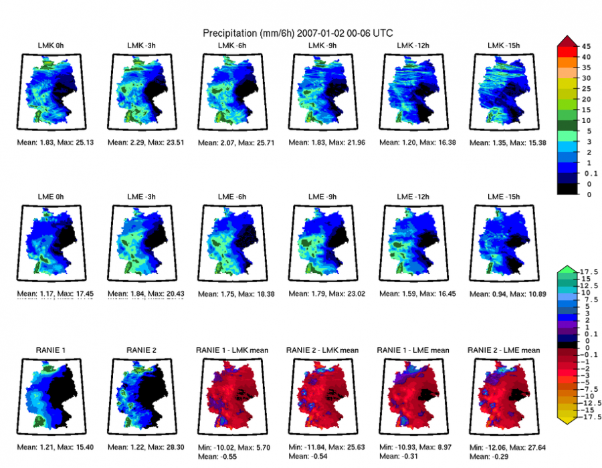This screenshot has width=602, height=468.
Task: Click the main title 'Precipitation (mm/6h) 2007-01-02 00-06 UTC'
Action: [298, 32]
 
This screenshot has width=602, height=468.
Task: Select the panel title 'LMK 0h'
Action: [51, 45]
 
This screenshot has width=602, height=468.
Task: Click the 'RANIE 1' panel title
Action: [51, 350]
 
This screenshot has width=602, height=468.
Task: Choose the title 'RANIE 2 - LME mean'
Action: [504, 350]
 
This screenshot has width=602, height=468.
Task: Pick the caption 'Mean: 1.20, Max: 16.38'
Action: [413, 143]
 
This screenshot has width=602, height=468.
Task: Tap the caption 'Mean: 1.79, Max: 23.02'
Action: [323, 291]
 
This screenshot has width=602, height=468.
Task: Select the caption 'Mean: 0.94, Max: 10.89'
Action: [504, 291]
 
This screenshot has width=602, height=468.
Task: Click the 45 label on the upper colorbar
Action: [585, 47]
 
